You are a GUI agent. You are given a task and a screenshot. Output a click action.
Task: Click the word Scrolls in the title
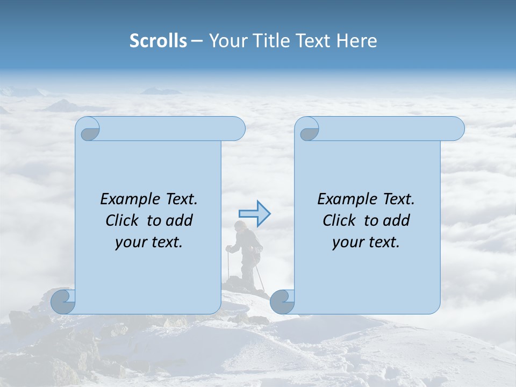(158, 41)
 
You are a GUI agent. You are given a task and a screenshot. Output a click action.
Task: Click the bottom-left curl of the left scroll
(63, 302)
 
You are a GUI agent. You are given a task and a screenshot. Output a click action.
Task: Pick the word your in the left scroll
(128, 242)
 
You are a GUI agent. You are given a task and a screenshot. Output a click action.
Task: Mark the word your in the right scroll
(346, 242)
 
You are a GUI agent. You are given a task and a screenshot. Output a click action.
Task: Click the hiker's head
(242, 225)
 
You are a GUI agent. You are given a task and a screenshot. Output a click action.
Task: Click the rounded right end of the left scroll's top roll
(237, 129)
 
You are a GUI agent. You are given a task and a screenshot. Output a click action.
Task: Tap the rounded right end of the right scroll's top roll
(456, 129)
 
